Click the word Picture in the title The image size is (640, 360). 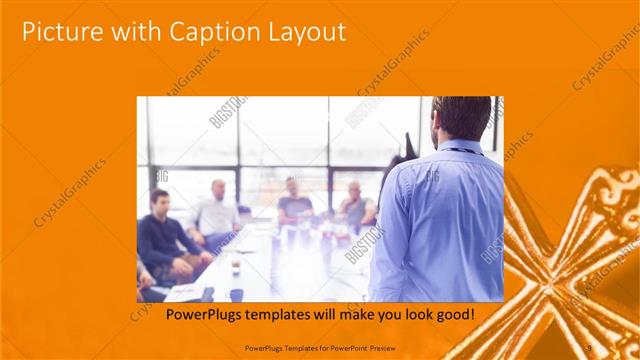click(x=59, y=32)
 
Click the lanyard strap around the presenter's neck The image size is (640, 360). click(x=460, y=150)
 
